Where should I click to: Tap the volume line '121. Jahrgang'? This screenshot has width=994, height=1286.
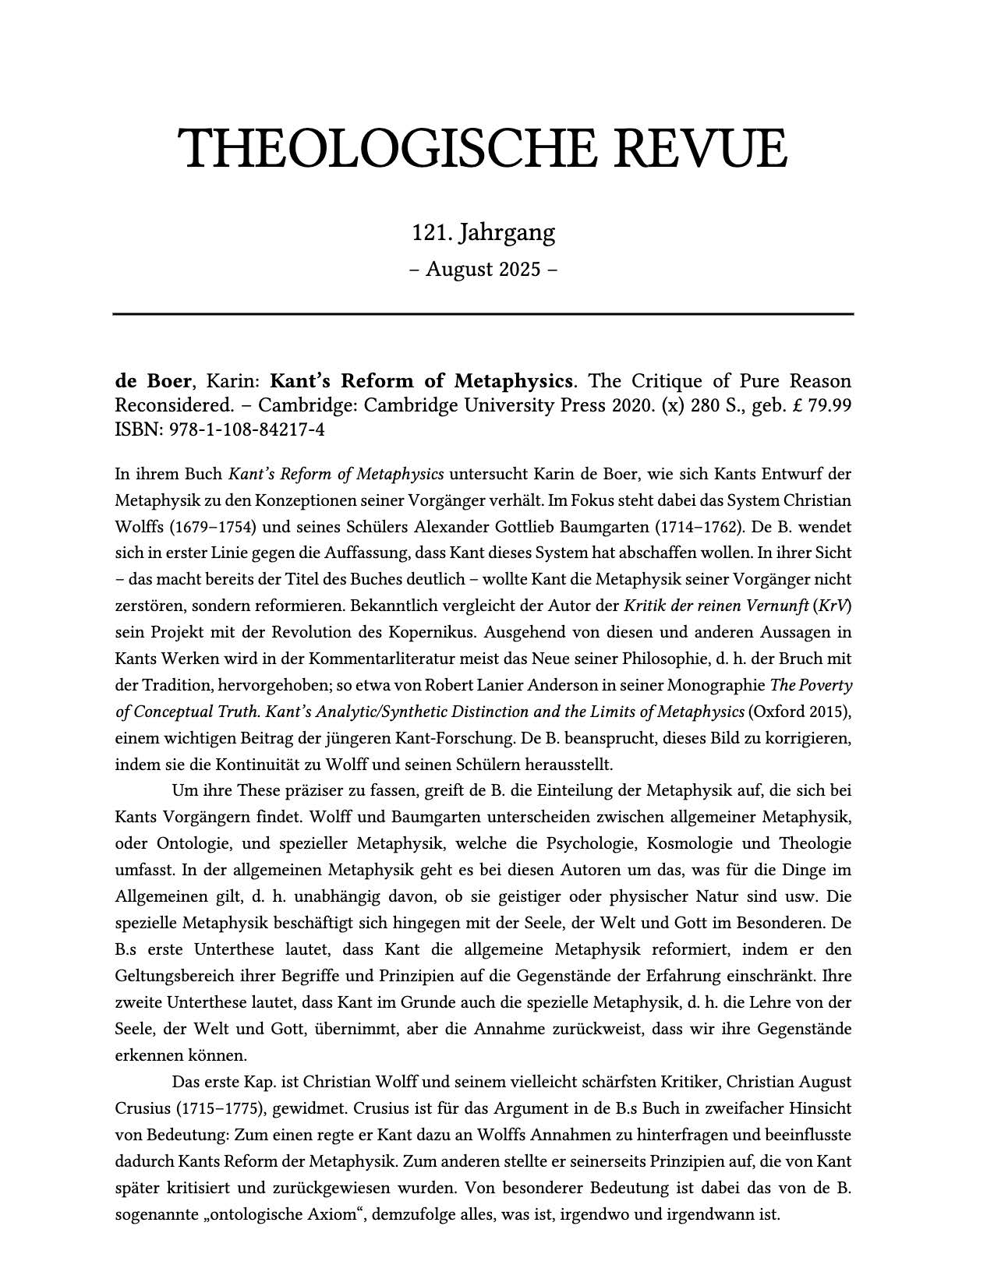point(483,232)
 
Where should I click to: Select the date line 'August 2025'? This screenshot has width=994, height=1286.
point(483,269)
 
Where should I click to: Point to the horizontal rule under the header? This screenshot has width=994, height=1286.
point(483,314)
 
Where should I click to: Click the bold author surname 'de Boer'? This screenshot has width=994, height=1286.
point(152,382)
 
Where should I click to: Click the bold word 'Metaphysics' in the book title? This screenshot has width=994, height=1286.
point(513,382)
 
